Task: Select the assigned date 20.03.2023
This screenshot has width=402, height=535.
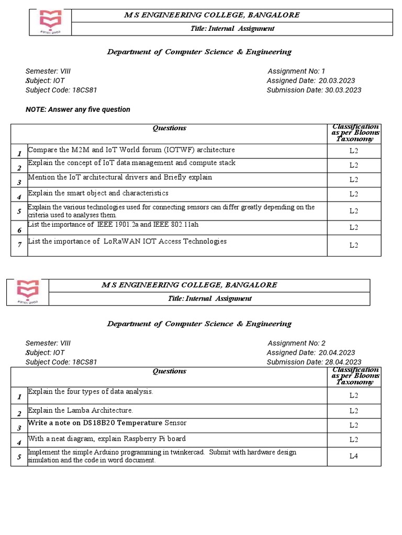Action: [x=337, y=80]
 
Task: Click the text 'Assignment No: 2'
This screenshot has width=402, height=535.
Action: [x=296, y=343]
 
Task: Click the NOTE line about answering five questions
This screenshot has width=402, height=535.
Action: [x=78, y=109]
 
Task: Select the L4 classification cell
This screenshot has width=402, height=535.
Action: [x=354, y=456]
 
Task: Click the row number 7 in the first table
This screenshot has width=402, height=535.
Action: [x=19, y=245]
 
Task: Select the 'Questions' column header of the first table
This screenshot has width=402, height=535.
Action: [x=169, y=128]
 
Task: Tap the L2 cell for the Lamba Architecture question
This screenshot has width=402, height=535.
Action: [x=354, y=411]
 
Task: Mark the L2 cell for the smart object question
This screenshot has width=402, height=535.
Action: [x=354, y=194]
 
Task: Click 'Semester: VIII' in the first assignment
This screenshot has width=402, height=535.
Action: [x=48, y=71]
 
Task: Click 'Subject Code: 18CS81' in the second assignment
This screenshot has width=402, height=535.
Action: [x=61, y=362]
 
